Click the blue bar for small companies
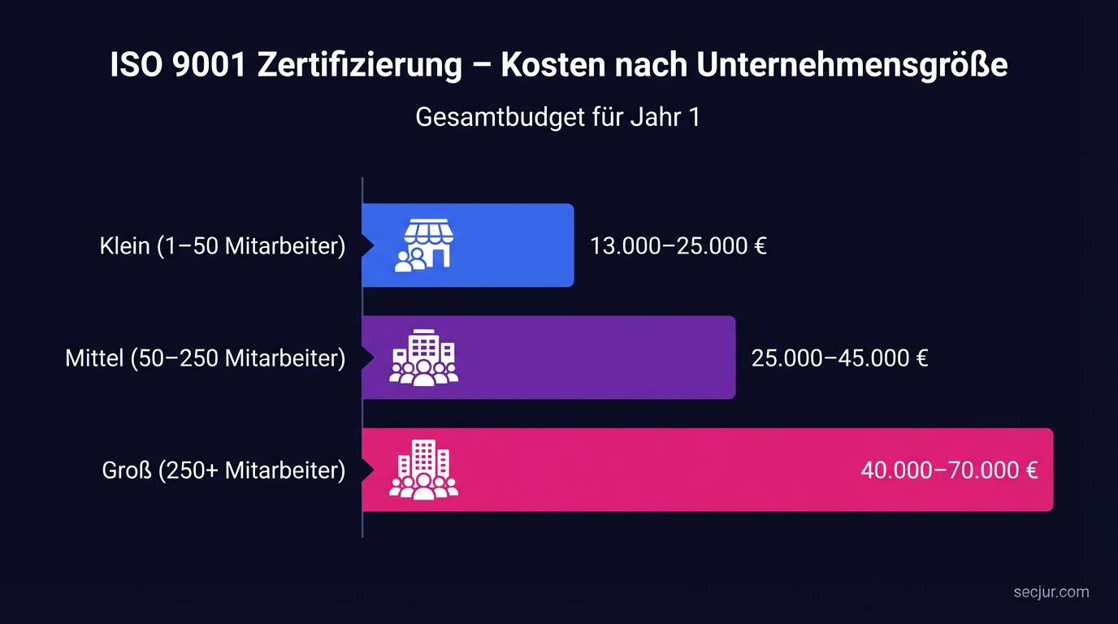(504, 245)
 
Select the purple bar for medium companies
(585, 357)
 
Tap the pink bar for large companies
(650, 470)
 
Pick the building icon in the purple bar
(423, 357)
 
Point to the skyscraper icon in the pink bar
(423, 470)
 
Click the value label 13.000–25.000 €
(678, 245)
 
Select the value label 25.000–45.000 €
(839, 357)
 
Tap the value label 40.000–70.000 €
(949, 470)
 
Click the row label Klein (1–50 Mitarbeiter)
(223, 245)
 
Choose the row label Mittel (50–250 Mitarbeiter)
(206, 357)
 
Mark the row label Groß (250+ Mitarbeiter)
(224, 470)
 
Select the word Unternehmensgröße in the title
(851, 66)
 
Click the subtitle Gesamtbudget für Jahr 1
(557, 117)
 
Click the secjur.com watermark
(1051, 591)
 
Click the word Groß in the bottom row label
(127, 470)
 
